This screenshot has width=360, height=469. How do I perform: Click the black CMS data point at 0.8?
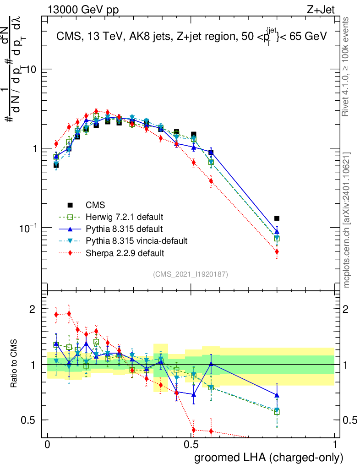click(x=277, y=218)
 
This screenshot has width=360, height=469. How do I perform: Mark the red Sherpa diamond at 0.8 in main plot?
click(x=277, y=251)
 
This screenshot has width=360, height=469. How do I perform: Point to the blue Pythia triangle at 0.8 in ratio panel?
click(x=277, y=395)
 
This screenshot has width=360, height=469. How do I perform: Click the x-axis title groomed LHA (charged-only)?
click(x=269, y=458)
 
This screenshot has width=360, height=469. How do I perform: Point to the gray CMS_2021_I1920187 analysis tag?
click(x=191, y=274)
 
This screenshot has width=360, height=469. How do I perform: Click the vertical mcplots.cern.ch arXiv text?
click(x=348, y=220)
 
